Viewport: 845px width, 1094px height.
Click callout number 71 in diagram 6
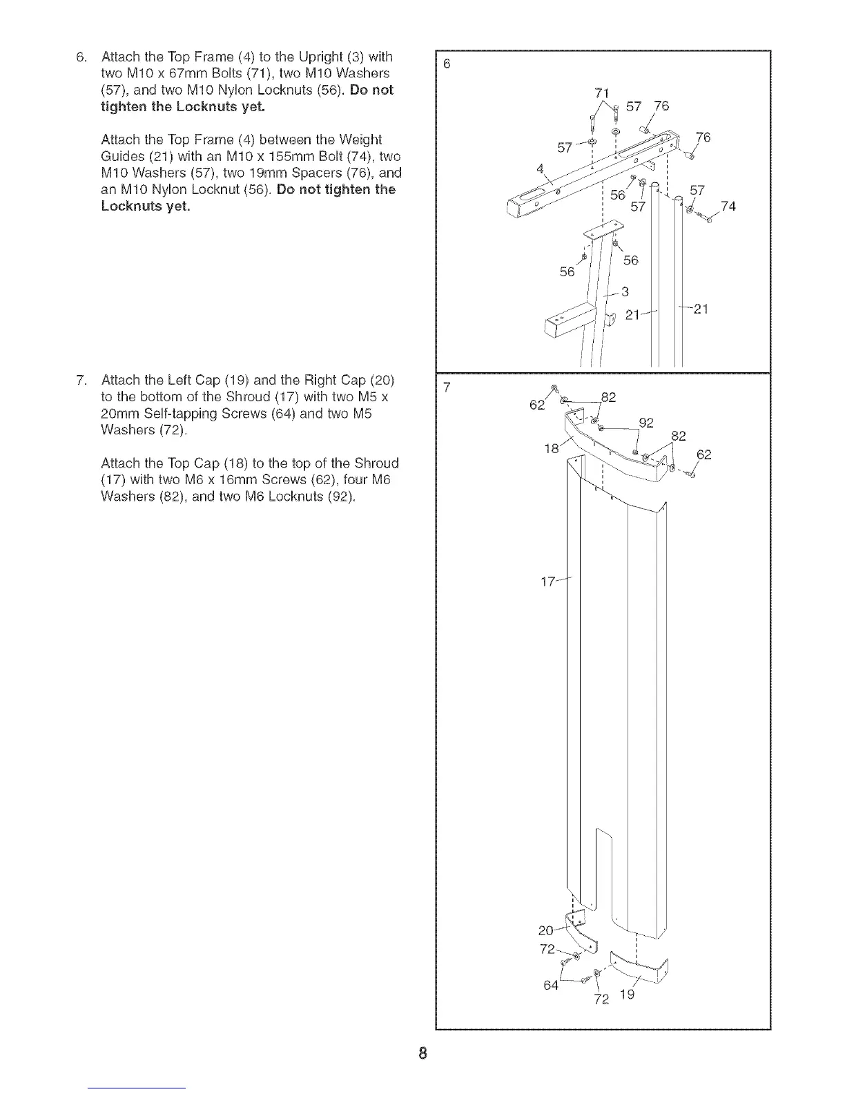point(601,93)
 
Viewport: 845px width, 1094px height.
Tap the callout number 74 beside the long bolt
point(728,206)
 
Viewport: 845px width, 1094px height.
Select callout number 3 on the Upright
point(625,291)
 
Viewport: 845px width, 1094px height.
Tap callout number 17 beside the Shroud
point(547,582)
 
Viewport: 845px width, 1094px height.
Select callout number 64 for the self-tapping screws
point(550,985)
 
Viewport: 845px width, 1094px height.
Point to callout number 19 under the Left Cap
point(626,995)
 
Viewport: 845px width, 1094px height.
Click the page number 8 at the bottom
point(422,1053)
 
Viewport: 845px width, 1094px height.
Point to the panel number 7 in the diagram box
point(446,387)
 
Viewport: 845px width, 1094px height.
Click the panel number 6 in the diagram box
point(446,64)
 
